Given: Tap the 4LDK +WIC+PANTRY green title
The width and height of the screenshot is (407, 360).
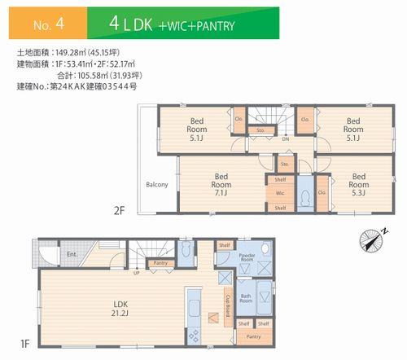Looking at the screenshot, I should [x=171, y=25].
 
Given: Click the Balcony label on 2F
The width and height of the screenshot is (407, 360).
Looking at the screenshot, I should [x=157, y=185].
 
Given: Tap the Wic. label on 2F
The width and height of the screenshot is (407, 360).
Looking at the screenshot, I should [x=279, y=194].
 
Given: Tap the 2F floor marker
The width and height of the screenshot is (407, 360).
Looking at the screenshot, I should [x=119, y=209].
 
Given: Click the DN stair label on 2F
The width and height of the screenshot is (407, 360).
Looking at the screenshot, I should [x=285, y=139].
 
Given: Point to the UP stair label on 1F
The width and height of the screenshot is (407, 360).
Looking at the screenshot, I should [x=136, y=272].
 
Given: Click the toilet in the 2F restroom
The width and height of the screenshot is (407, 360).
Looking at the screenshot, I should [x=304, y=196].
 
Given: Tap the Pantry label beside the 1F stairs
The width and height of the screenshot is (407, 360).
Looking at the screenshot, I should [x=160, y=263].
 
